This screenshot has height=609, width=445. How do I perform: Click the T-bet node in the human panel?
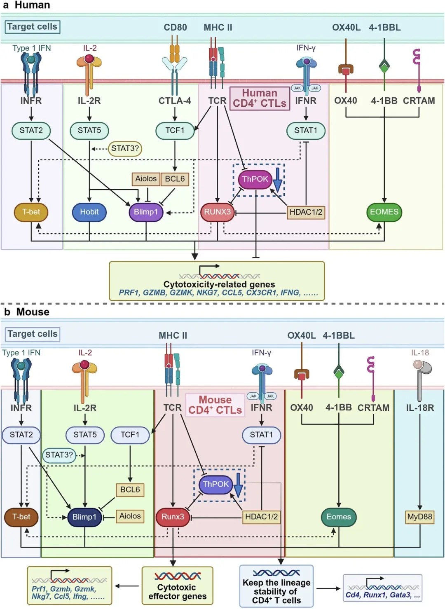(x=31, y=212)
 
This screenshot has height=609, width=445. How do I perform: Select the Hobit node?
(x=89, y=212)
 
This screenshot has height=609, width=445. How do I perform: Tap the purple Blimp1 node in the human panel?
(x=146, y=212)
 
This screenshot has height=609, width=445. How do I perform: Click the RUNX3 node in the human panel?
(x=217, y=212)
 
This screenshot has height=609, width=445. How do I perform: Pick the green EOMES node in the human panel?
(x=384, y=212)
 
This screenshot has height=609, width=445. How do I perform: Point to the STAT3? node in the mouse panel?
(x=59, y=455)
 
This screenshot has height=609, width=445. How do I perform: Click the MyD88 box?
(x=419, y=517)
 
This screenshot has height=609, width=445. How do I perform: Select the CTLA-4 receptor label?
(x=175, y=101)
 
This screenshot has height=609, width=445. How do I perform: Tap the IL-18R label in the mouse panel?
(x=420, y=408)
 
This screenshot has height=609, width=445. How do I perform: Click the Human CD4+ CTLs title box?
(x=260, y=98)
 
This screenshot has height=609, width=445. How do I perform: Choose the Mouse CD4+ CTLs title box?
(x=215, y=405)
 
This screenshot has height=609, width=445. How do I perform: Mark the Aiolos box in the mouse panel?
(x=130, y=516)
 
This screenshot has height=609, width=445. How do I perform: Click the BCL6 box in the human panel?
(x=175, y=179)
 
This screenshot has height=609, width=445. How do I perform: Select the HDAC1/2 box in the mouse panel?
(x=261, y=517)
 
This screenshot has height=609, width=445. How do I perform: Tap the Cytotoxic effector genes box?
(x=178, y=586)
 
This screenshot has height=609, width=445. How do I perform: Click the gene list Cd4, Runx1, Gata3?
(x=382, y=595)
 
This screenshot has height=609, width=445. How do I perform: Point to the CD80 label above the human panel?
(x=175, y=28)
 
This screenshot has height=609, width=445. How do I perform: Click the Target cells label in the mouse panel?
(x=33, y=334)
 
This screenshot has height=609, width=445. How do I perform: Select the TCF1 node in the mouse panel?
(x=130, y=435)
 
